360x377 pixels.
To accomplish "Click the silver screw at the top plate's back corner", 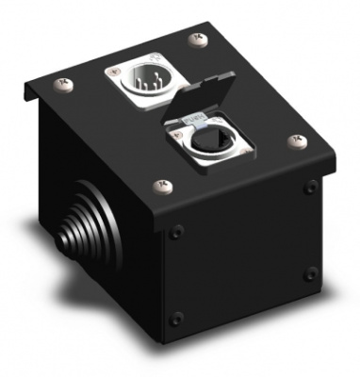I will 197,39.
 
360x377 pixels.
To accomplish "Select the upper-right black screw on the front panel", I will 310,188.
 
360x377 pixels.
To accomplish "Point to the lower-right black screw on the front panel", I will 310,273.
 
